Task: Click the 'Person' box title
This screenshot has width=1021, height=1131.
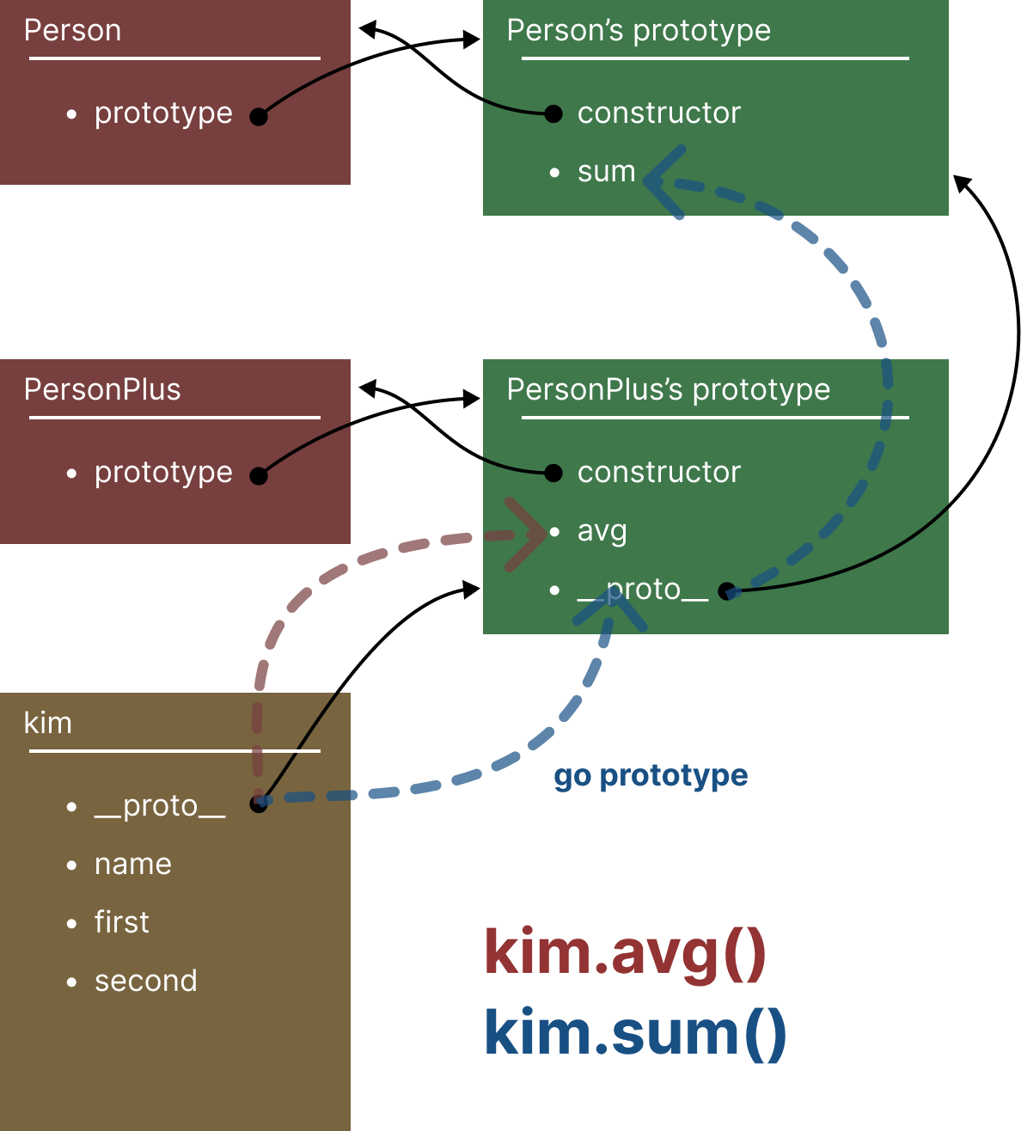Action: (72, 31)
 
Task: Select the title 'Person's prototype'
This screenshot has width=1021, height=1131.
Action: (639, 31)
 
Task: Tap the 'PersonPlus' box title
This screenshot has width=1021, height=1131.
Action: (102, 390)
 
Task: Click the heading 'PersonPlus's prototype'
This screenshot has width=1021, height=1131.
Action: (668, 390)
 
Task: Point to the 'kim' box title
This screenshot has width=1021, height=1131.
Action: (48, 724)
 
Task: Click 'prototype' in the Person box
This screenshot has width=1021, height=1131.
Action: (163, 113)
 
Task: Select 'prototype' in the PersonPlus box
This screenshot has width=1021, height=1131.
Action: (163, 473)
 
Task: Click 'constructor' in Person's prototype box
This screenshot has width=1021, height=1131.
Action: (658, 113)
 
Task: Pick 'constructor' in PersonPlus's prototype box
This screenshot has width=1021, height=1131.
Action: (658, 473)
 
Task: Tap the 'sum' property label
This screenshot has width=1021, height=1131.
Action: (606, 172)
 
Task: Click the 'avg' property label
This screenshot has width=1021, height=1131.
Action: (602, 532)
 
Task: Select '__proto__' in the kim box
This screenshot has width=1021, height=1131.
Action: (160, 806)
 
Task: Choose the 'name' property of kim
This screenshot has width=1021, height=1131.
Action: (133, 865)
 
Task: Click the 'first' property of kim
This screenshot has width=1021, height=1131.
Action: (121, 923)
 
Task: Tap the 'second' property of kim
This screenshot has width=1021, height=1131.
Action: (145, 981)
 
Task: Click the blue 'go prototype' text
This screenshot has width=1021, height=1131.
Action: (651, 776)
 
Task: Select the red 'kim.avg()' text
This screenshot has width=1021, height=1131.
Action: (625, 952)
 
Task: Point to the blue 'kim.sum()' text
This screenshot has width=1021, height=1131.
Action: (634, 1032)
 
